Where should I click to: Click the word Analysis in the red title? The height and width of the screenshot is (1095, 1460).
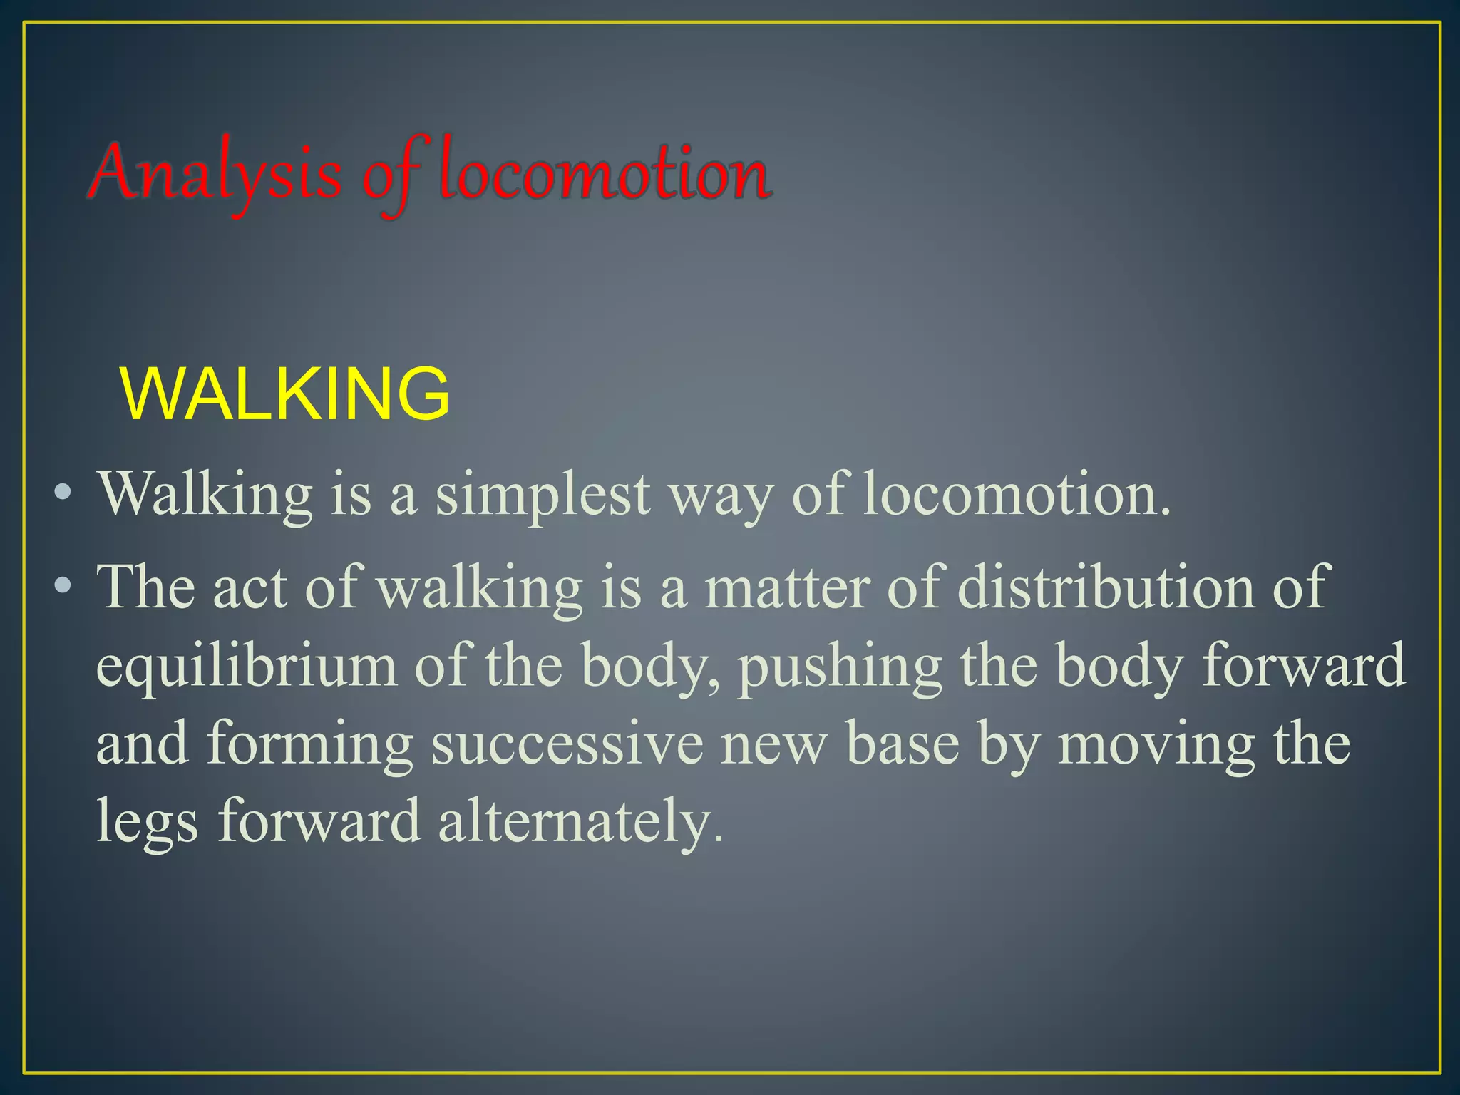217,173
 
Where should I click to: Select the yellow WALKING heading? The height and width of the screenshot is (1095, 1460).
286,394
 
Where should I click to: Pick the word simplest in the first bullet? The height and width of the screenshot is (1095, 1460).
543,495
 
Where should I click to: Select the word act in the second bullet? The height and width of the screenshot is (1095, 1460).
250,588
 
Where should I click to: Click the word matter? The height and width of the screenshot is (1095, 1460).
787,588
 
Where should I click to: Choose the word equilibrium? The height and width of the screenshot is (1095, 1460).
246,667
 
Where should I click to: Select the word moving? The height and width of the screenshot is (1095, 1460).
1156,745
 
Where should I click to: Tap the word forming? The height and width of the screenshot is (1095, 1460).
310,745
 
